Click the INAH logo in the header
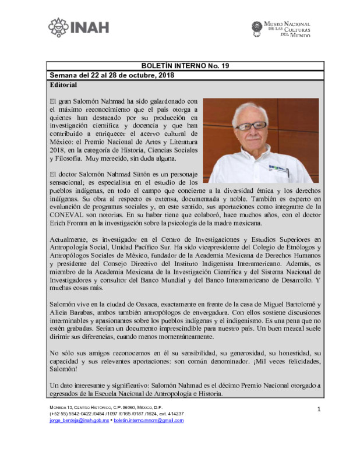79,27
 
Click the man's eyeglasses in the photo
252,125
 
